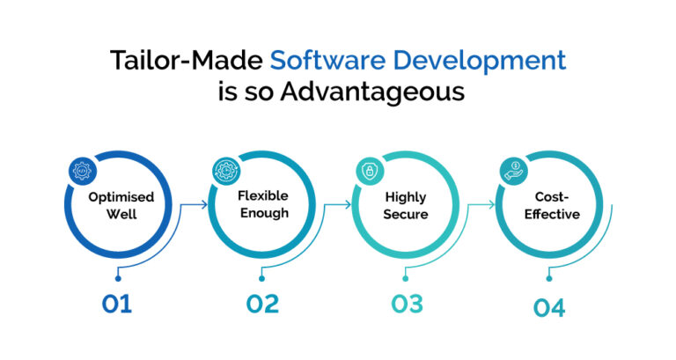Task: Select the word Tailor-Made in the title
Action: click(x=187, y=61)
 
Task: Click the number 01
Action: click(x=117, y=305)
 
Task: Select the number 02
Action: click(x=261, y=305)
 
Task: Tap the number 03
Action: click(x=406, y=305)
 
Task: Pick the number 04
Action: click(x=549, y=308)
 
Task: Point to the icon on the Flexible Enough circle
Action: click(x=224, y=170)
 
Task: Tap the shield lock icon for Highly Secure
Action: click(x=369, y=170)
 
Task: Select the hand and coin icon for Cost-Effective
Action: click(x=513, y=170)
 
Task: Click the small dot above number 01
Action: click(x=117, y=278)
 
